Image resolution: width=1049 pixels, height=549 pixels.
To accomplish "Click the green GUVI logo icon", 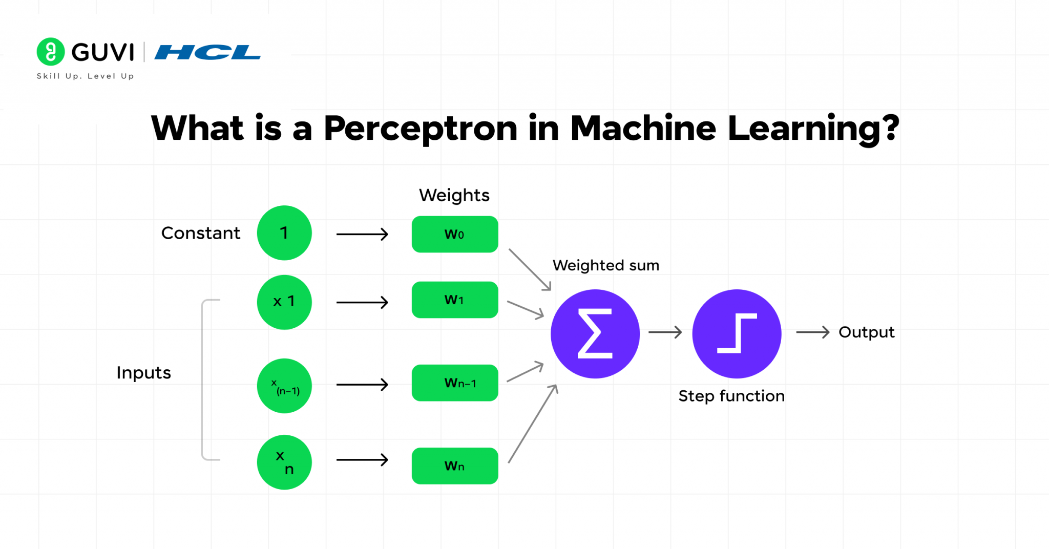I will pos(51,52).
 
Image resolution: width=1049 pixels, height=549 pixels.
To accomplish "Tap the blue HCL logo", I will pos(207,52).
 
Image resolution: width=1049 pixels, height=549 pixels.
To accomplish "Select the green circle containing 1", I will pos(284,233).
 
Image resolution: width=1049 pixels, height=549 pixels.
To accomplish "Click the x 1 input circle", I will pos(284,302).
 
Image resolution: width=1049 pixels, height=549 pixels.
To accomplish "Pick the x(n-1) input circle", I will pos(284,386).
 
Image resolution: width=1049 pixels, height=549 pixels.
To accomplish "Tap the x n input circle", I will pos(284,462).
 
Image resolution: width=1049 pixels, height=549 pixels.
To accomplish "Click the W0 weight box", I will pos(455,234).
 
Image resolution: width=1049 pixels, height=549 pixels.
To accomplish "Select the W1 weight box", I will pos(455,300).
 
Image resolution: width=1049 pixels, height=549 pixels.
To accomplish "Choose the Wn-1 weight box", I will pos(455,383).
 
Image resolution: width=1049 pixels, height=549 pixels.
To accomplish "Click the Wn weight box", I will pos(455,466).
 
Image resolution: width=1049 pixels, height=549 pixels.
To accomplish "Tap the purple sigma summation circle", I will pos(595,334).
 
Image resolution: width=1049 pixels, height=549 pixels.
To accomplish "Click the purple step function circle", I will pos(737,334).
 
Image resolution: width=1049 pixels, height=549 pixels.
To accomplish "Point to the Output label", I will pos(866,332).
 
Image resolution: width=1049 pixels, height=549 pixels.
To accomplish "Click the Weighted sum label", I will pos(606,265).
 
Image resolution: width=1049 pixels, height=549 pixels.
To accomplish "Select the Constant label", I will pos(200,233).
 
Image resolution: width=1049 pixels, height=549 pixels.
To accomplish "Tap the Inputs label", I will pos(143,372).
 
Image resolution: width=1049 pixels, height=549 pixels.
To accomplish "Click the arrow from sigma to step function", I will pos(665,332).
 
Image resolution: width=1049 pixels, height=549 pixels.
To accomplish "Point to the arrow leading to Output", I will pos(812,332).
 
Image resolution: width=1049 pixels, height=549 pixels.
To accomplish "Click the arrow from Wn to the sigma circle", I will pos(533,424).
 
